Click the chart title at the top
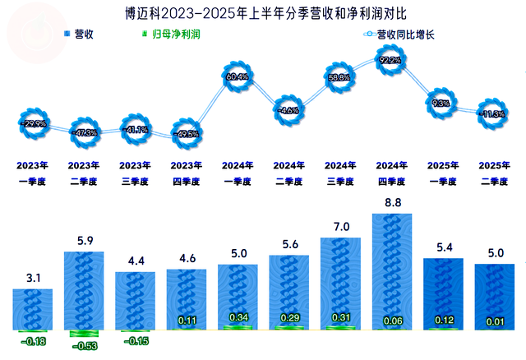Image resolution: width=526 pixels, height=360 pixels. click(263, 12)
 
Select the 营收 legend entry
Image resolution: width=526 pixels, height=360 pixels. click(77, 35)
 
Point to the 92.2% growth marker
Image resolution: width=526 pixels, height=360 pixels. click(391, 60)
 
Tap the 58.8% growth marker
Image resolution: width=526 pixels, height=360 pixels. click(339, 79)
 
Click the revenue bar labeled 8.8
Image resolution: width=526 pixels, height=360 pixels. click(391, 271)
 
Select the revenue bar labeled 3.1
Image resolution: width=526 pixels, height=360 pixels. click(33, 308)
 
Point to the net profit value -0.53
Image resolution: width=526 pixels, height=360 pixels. click(84, 345)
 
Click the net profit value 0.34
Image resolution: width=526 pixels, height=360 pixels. click(238, 317)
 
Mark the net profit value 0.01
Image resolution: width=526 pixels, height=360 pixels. click(493, 321)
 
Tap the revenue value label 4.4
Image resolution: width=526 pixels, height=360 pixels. click(135, 262)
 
